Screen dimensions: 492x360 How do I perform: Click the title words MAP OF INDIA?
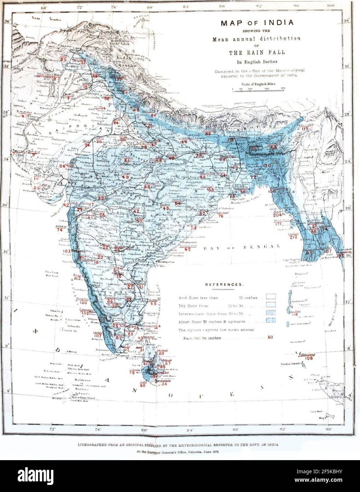[257, 23]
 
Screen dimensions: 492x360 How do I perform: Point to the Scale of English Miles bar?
[259, 91]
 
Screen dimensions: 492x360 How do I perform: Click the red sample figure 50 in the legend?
[270, 337]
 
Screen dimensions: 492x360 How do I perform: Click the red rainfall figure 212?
[293, 237]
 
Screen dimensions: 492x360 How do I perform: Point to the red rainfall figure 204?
[278, 215]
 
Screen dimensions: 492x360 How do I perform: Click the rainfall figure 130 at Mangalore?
[83, 303]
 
